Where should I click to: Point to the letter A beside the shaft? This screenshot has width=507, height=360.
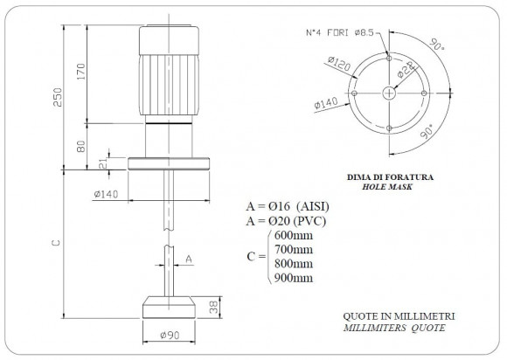190,259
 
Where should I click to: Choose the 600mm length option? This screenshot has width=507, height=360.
292,236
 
